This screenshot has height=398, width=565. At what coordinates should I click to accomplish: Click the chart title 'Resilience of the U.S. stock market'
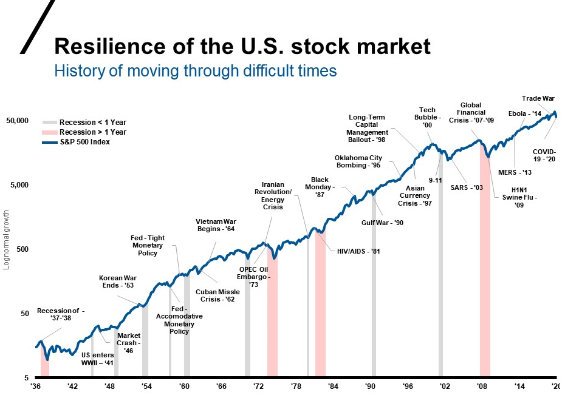click(242, 46)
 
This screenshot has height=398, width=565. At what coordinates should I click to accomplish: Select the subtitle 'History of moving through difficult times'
click(195, 71)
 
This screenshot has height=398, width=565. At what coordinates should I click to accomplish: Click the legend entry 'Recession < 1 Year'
click(92, 123)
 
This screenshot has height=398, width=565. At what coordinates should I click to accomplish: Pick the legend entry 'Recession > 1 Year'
click(92, 132)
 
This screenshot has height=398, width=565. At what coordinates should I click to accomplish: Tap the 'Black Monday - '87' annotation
click(320, 187)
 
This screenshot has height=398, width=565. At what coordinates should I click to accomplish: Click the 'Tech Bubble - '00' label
click(428, 118)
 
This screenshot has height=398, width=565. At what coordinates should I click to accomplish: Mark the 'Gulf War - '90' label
click(383, 223)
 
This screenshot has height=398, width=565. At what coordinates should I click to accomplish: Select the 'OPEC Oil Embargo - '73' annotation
click(253, 277)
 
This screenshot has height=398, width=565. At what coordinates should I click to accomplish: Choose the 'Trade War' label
click(538, 99)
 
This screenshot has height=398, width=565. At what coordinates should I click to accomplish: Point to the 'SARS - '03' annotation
click(467, 187)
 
